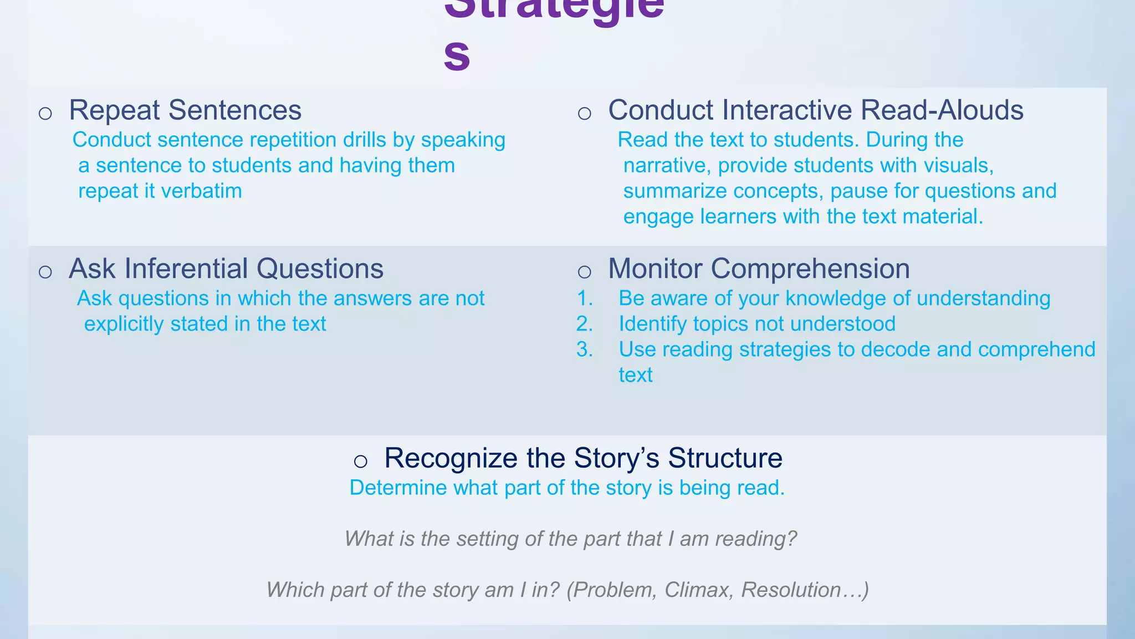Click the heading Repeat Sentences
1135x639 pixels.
(x=185, y=110)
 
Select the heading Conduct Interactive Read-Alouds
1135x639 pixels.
(x=815, y=110)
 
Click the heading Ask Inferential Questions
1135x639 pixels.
(x=226, y=268)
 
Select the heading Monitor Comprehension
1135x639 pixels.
(x=759, y=268)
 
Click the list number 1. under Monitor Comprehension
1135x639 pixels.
(x=585, y=298)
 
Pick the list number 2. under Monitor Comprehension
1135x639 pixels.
(x=585, y=324)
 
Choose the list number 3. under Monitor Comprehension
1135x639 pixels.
(x=585, y=349)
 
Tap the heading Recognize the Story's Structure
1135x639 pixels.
(x=583, y=458)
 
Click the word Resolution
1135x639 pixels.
(x=791, y=590)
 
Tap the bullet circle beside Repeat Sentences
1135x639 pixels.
(x=45, y=114)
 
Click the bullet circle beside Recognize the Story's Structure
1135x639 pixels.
(x=361, y=461)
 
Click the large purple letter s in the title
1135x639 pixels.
(x=457, y=55)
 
